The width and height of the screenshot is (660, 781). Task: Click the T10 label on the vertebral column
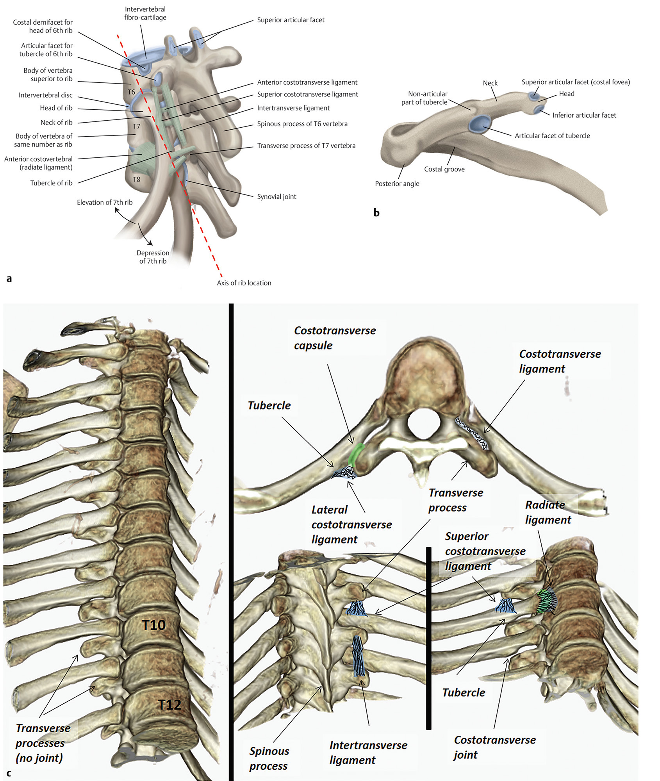(x=153, y=625)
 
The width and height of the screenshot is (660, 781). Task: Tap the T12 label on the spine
(x=169, y=705)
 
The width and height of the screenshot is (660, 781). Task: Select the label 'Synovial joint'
(x=276, y=196)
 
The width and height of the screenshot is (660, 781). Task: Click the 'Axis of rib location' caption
(x=244, y=283)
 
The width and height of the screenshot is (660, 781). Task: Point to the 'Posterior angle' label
(x=397, y=184)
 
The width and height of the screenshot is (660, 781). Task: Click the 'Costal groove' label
(x=444, y=169)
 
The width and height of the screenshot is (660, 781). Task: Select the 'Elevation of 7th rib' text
(x=105, y=202)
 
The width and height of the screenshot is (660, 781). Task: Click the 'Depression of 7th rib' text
(x=153, y=257)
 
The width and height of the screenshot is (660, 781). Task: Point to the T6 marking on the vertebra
(x=131, y=92)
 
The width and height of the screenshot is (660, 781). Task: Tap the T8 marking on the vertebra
(x=136, y=179)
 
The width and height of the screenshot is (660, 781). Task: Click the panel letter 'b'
(x=376, y=213)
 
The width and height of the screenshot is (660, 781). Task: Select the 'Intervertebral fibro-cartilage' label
(x=145, y=13)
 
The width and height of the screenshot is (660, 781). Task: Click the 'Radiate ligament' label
(x=548, y=512)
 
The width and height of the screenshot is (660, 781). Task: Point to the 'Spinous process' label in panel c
(x=269, y=758)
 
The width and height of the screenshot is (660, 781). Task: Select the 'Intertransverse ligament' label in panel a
(x=293, y=108)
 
